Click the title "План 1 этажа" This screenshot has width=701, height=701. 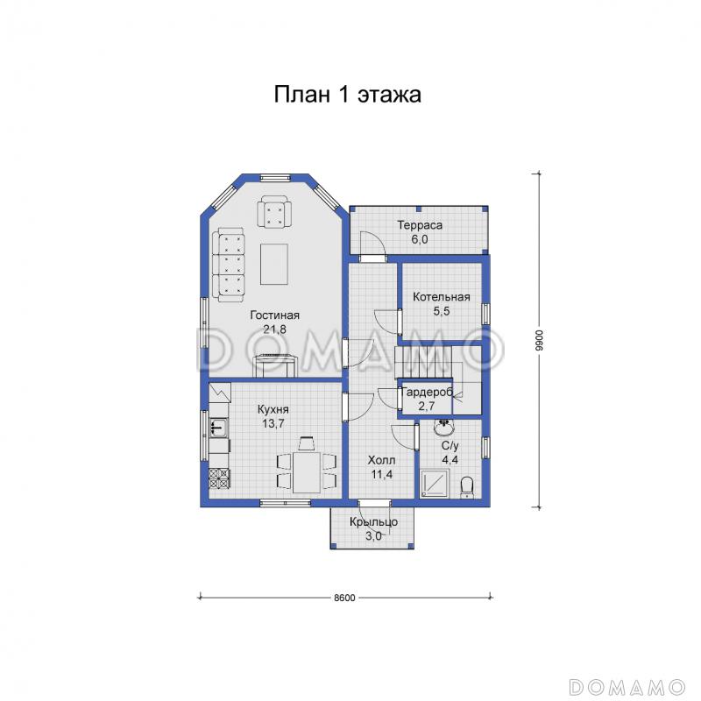click(x=347, y=95)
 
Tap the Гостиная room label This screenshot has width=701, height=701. click(x=274, y=315)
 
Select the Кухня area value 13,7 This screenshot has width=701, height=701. click(x=273, y=424)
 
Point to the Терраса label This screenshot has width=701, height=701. click(x=420, y=225)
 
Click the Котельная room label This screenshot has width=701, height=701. click(x=442, y=297)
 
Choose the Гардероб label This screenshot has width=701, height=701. click(x=427, y=392)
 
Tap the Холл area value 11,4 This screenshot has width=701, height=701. click(x=381, y=474)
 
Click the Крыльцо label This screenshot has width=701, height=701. click(x=374, y=521)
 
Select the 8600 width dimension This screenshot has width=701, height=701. click(x=344, y=598)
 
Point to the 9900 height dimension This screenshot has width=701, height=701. click(x=539, y=340)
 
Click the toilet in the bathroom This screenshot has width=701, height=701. click(x=467, y=487)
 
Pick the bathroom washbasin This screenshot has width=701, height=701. click(x=444, y=427)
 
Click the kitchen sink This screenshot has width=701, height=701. click(x=218, y=427)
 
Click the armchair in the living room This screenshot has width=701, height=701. click(x=274, y=213)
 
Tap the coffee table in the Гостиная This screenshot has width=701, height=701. click(x=274, y=264)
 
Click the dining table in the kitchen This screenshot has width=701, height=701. click(x=307, y=472)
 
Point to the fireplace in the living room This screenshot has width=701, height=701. click(x=275, y=366)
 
